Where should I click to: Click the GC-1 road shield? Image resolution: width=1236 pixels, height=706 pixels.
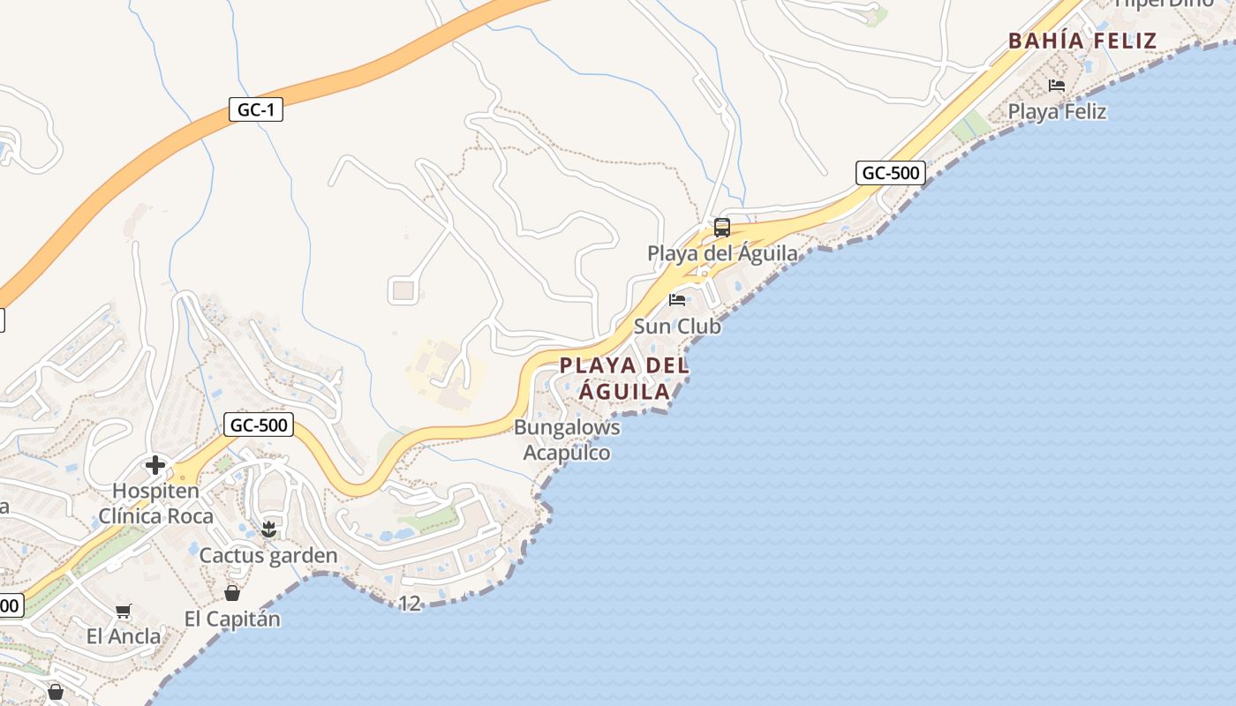[x=255, y=110]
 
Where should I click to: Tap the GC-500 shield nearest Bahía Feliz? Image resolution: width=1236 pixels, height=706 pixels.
[x=891, y=173]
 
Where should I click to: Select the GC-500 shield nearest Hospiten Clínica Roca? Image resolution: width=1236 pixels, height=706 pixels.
[x=259, y=424]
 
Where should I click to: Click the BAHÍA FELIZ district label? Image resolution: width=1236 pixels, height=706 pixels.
[x=1082, y=41]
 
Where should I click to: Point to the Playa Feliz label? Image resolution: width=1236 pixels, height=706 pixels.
[x=1057, y=112]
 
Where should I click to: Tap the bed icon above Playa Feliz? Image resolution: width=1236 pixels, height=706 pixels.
[x=1057, y=86]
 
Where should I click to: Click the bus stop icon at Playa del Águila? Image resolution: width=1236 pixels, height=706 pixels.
[x=722, y=228]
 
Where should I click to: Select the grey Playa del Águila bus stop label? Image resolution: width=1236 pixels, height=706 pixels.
[x=722, y=254]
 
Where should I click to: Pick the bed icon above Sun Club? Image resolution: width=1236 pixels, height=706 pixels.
[x=677, y=300]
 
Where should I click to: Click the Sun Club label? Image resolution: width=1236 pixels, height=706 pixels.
[x=677, y=327]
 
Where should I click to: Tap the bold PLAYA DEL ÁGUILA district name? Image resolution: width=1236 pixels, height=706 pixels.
[x=624, y=378]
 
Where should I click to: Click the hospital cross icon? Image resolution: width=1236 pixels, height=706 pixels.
[x=155, y=465]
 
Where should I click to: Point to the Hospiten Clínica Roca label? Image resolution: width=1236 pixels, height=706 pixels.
[x=156, y=503]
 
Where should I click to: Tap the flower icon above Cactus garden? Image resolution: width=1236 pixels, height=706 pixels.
[x=268, y=529]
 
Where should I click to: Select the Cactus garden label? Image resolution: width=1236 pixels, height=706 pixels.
[x=268, y=556]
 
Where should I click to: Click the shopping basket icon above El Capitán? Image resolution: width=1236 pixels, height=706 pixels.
[x=232, y=593]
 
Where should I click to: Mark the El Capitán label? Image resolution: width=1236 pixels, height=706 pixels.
[x=232, y=620]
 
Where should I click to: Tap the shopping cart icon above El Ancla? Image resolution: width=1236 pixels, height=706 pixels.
[x=124, y=611]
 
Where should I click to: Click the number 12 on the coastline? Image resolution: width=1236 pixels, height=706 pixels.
[x=410, y=604]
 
